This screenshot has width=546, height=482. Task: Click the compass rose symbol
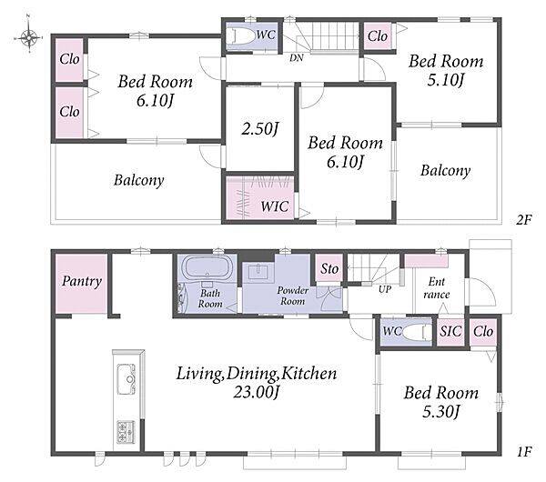tap(29, 36)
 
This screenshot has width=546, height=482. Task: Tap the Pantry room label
tap(82, 281)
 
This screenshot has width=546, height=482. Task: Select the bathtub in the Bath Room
tap(207, 268)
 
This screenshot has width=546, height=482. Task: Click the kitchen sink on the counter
tap(126, 378)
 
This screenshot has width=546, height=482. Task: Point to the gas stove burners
tap(126, 432)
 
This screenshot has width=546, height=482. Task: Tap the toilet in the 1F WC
tap(417, 332)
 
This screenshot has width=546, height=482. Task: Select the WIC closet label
tap(275, 206)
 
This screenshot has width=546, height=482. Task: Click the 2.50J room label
tap(260, 129)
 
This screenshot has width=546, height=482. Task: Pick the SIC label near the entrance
tap(450, 331)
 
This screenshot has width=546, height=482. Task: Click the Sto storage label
tap(329, 268)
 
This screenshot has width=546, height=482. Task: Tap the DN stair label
tap(297, 58)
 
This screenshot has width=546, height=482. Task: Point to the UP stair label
tap(385, 289)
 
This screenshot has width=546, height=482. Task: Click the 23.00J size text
tap(257, 393)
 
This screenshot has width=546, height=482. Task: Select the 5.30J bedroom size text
tap(440, 411)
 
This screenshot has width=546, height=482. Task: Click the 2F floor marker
tap(524, 219)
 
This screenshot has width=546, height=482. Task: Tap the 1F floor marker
tap(524, 452)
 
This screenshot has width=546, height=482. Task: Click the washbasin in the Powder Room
tap(258, 270)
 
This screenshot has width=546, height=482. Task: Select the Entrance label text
tap(437, 287)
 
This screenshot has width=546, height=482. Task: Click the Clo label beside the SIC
tap(483, 331)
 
